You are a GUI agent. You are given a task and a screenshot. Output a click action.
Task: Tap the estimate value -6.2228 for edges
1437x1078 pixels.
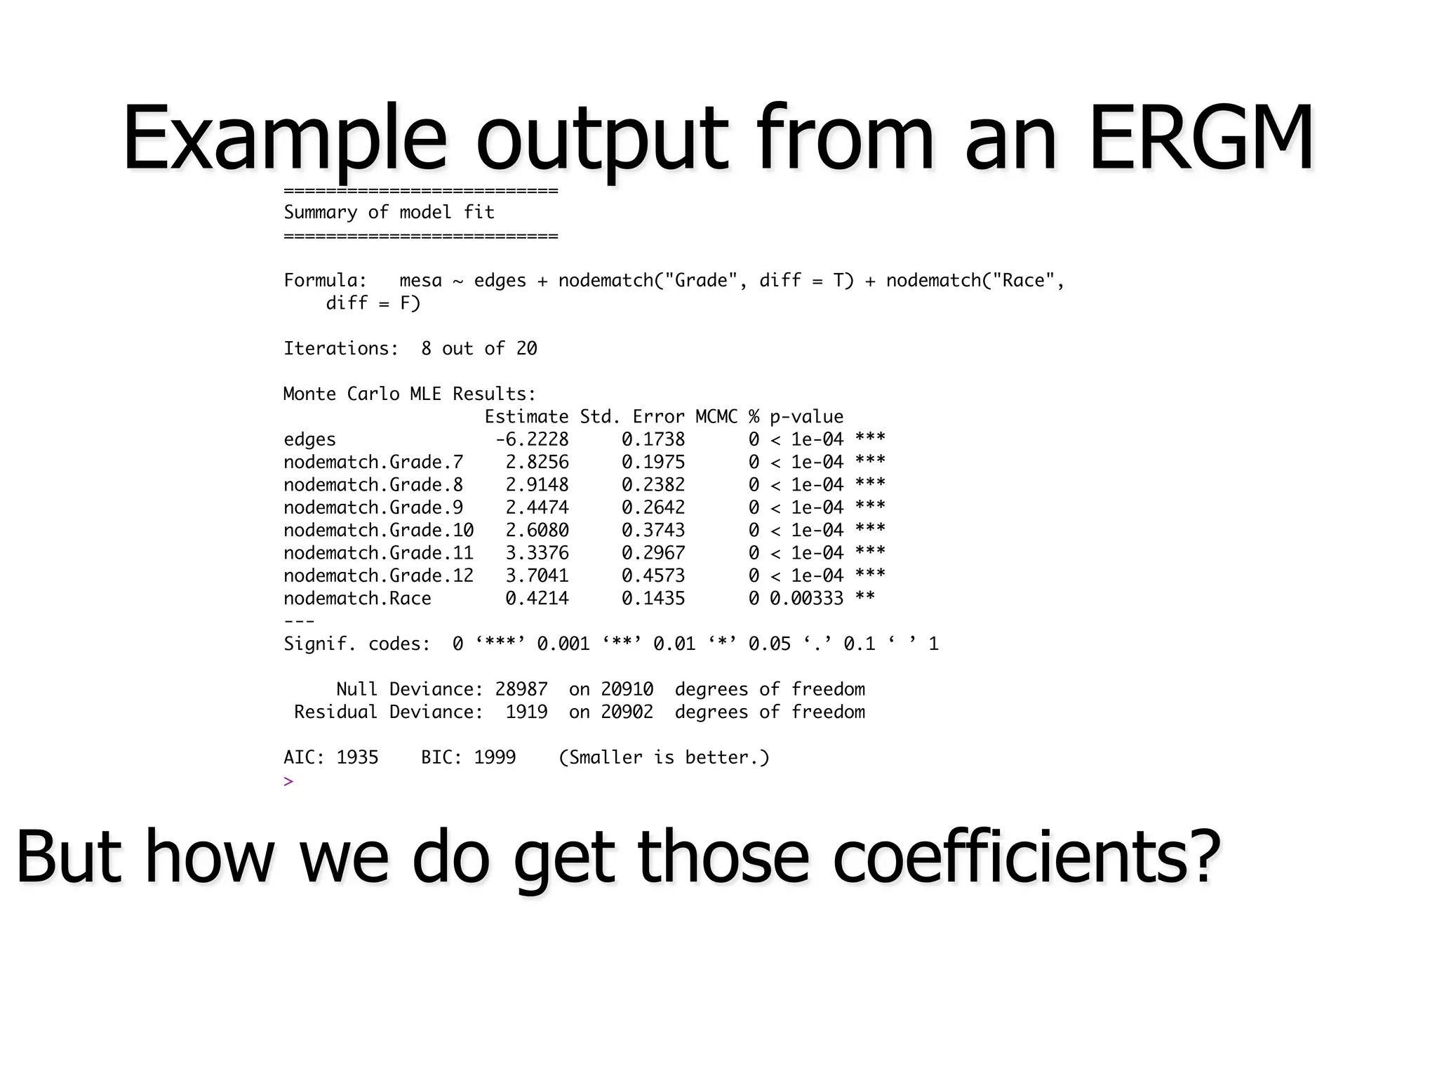tap(532, 439)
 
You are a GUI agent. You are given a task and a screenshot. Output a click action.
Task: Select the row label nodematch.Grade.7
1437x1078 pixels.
tap(373, 462)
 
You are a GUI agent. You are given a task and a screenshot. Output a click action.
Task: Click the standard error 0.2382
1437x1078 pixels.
tap(653, 485)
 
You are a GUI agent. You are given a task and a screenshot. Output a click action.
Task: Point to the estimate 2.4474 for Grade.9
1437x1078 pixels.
tap(537, 507)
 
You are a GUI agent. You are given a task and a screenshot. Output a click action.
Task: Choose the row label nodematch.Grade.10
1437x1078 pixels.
tap(378, 530)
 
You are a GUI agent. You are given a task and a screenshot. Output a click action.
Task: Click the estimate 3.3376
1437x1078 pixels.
tap(537, 553)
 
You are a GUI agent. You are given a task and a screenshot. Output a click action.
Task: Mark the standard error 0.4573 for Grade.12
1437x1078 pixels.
tap(653, 575)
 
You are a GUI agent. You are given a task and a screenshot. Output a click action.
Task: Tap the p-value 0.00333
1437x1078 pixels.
tap(806, 599)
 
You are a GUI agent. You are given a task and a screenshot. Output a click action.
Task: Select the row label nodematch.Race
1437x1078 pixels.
tap(357, 599)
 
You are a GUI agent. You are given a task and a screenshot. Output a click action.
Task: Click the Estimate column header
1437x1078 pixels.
tap(526, 417)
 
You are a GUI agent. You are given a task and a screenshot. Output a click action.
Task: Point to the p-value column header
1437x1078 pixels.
tap(806, 417)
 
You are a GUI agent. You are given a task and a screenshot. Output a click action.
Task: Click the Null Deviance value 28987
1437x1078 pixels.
tap(521, 689)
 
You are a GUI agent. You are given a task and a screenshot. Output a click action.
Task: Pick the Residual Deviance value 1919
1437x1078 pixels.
tap(526, 712)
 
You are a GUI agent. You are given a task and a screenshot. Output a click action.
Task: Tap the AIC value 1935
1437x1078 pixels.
tap(357, 757)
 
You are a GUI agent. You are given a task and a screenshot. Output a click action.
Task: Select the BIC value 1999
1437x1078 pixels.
tap(495, 757)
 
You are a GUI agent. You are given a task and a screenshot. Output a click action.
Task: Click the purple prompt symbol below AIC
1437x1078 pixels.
tap(288, 781)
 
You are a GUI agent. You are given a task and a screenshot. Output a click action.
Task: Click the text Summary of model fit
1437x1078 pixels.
tap(389, 212)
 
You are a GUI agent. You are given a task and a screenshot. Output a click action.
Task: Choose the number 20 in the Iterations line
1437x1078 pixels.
tap(526, 349)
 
